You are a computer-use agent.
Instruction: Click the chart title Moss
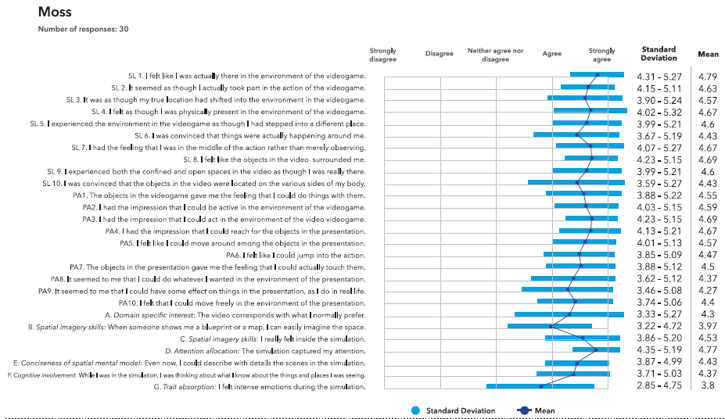(x=55, y=13)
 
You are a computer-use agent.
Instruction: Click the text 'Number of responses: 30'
(x=83, y=30)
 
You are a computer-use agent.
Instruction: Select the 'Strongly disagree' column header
(x=383, y=55)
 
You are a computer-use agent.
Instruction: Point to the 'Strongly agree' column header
(x=601, y=55)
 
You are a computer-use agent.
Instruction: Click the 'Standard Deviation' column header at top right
(x=659, y=54)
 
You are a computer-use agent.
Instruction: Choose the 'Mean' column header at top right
(x=708, y=55)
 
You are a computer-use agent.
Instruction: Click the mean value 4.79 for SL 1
(x=708, y=77)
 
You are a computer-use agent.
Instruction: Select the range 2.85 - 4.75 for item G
(x=659, y=385)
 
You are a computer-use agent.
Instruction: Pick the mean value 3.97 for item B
(x=708, y=326)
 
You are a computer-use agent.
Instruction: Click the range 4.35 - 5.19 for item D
(x=659, y=350)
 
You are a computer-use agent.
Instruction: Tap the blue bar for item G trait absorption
(x=540, y=385)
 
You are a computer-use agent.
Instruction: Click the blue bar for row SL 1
(x=597, y=75)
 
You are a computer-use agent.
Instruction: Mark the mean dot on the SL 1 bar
(x=598, y=75)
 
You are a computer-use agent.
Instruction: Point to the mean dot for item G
(x=540, y=385)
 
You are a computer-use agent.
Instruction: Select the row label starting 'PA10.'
(x=242, y=303)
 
